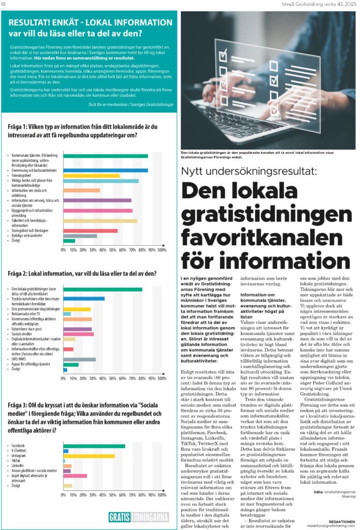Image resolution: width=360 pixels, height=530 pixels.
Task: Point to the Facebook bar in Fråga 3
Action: pos(94,446)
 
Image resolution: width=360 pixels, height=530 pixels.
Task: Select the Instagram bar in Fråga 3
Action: pos(89,455)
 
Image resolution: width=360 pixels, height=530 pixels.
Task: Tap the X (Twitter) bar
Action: pos(66,451)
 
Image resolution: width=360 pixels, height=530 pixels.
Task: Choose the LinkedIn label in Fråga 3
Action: pos(18,465)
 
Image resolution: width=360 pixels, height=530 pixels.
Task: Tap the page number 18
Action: pos(4,4)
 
